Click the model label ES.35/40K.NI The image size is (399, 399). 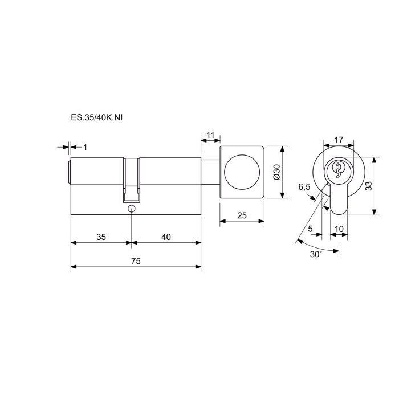click(97, 118)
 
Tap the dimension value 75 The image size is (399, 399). click(136, 261)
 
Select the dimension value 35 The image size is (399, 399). click(101, 237)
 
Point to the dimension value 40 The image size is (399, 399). click(166, 237)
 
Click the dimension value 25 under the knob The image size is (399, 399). click(242, 215)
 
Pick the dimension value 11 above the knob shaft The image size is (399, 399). click(210, 135)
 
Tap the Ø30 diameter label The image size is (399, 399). click(276, 172)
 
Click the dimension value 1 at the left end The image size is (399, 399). click(85, 147)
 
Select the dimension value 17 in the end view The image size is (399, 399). click(339, 140)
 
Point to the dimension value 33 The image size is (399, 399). click(368, 186)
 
